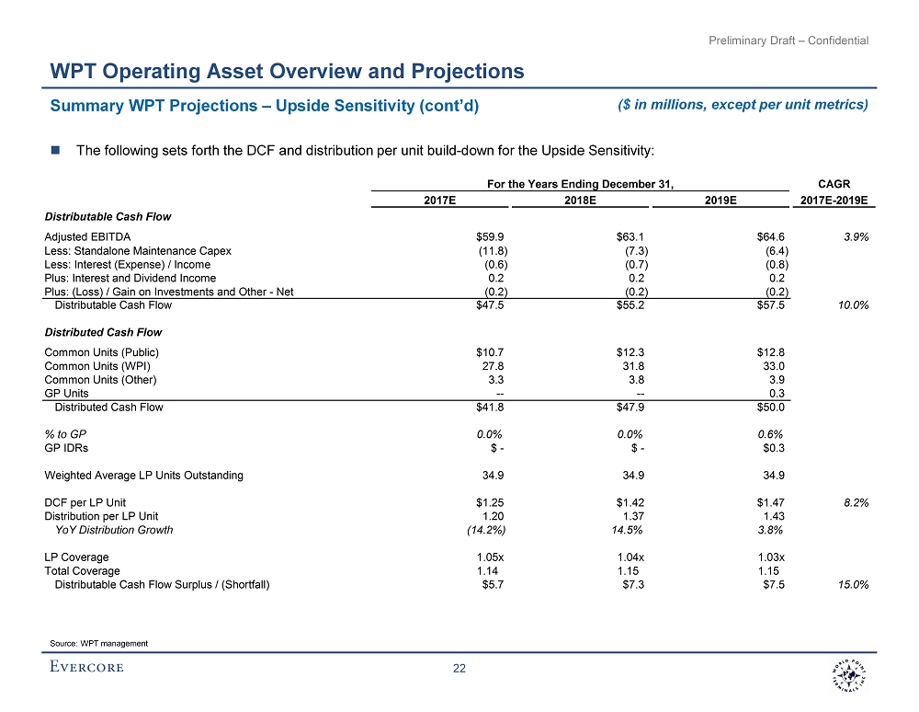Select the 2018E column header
tap(581, 200)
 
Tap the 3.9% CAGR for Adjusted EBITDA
tap(857, 236)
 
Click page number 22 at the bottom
tap(459, 669)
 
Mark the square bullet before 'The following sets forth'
tap(55, 150)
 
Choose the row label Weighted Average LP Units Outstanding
tap(143, 476)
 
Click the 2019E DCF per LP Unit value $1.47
tap(767, 502)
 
